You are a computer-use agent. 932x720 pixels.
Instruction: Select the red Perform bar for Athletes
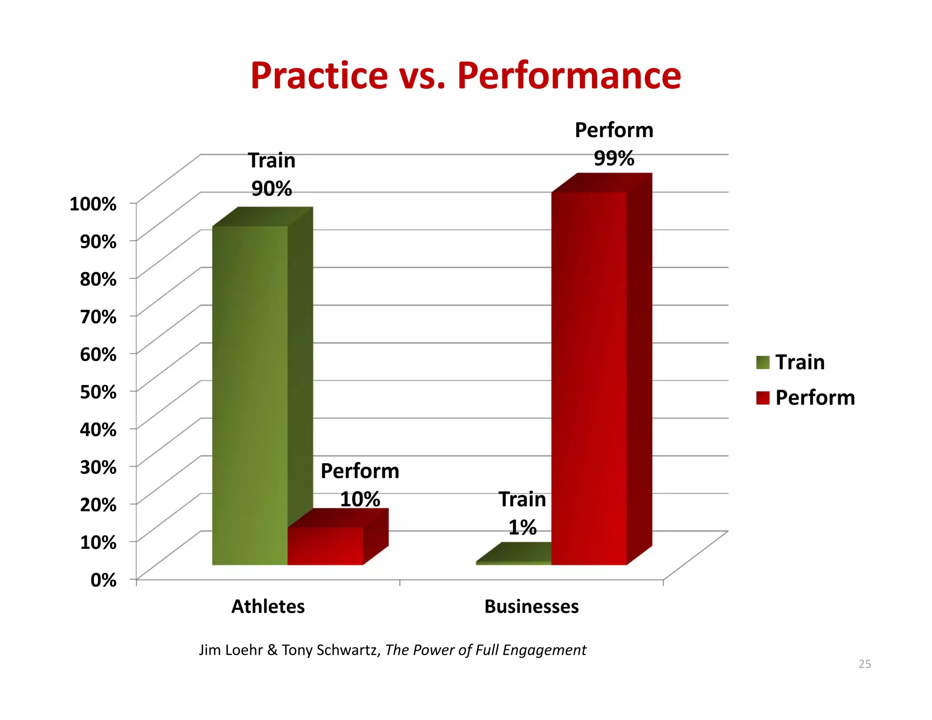coord(325,546)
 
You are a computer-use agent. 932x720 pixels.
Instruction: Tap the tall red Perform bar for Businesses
coord(589,378)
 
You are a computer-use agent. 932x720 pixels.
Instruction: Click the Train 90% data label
coord(272,175)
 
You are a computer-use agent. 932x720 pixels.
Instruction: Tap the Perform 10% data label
coord(360,485)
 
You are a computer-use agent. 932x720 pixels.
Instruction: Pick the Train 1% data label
coord(522,513)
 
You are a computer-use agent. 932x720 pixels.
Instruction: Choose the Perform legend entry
coord(805,398)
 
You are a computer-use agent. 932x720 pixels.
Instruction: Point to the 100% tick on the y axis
coord(93,203)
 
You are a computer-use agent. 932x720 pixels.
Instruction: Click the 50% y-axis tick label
coord(98,392)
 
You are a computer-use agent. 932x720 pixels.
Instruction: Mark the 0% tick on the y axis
coord(103,580)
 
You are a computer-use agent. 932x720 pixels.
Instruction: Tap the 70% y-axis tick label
coord(98,316)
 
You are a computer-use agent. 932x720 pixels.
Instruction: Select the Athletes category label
coord(268,607)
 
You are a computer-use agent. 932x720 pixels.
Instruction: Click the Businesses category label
coord(532,607)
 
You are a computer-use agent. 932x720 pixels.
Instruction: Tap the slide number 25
coord(865,664)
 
